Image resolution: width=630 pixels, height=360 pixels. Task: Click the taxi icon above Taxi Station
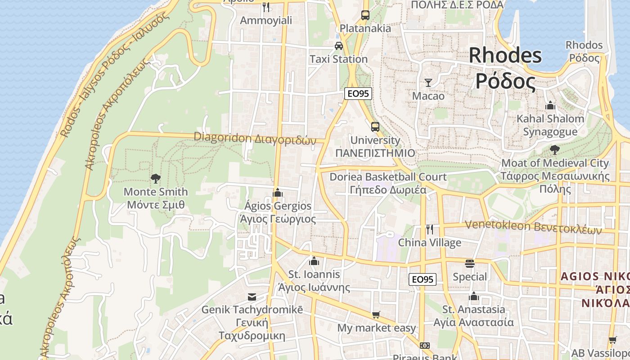pos(338,46)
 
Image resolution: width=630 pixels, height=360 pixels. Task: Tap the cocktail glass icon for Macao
pos(428,83)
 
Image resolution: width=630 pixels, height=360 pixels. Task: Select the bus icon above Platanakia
pos(365,15)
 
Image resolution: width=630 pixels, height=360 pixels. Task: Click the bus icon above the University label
pos(375,127)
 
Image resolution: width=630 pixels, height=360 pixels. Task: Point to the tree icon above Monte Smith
pos(156,179)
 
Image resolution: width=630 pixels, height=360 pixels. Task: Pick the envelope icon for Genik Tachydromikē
pos(252,297)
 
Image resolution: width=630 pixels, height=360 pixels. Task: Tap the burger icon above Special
pos(470,264)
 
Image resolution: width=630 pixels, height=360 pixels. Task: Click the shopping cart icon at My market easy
pos(376,315)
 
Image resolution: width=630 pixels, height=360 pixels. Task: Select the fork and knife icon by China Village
pos(430,229)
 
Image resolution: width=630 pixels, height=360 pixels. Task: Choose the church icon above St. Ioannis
pos(314,261)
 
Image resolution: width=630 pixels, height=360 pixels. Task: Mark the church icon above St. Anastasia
pos(473,296)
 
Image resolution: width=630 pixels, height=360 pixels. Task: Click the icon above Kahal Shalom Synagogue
pos(550,106)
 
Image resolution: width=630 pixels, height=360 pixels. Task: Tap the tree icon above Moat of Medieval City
pos(555,150)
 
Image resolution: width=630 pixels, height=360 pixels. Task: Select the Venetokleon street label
pos(533,227)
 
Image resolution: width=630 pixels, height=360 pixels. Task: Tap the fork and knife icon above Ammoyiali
pos(266,7)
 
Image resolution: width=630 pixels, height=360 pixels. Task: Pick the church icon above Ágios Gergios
pos(278,193)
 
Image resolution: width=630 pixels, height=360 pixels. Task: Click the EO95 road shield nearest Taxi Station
pos(358,94)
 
